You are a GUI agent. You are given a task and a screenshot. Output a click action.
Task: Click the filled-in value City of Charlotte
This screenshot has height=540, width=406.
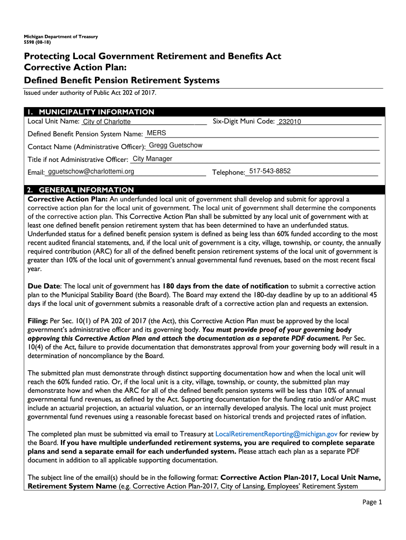[x=107, y=122]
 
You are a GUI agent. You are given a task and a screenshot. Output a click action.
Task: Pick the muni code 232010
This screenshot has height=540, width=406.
[x=289, y=122]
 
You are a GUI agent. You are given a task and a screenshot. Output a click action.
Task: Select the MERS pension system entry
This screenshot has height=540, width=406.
[x=157, y=133]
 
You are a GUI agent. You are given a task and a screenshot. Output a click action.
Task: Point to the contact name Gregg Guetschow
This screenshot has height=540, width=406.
[x=176, y=146]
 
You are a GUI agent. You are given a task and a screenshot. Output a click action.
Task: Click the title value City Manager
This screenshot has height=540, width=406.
[x=152, y=159]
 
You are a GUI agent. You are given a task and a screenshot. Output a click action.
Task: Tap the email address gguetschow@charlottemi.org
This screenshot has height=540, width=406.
[x=91, y=171]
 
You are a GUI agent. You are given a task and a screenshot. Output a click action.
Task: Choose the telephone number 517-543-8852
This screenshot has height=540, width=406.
[x=269, y=171]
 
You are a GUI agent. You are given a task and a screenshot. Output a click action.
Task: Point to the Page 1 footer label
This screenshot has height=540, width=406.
[x=372, y=502]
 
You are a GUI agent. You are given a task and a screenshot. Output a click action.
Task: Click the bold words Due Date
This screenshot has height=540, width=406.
[x=44, y=286]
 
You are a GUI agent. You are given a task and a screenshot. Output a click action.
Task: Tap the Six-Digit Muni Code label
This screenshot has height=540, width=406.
[x=244, y=121]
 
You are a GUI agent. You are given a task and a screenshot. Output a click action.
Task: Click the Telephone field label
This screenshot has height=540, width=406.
[x=228, y=172]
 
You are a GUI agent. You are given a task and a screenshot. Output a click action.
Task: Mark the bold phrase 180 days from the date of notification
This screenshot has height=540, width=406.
[x=225, y=286]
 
